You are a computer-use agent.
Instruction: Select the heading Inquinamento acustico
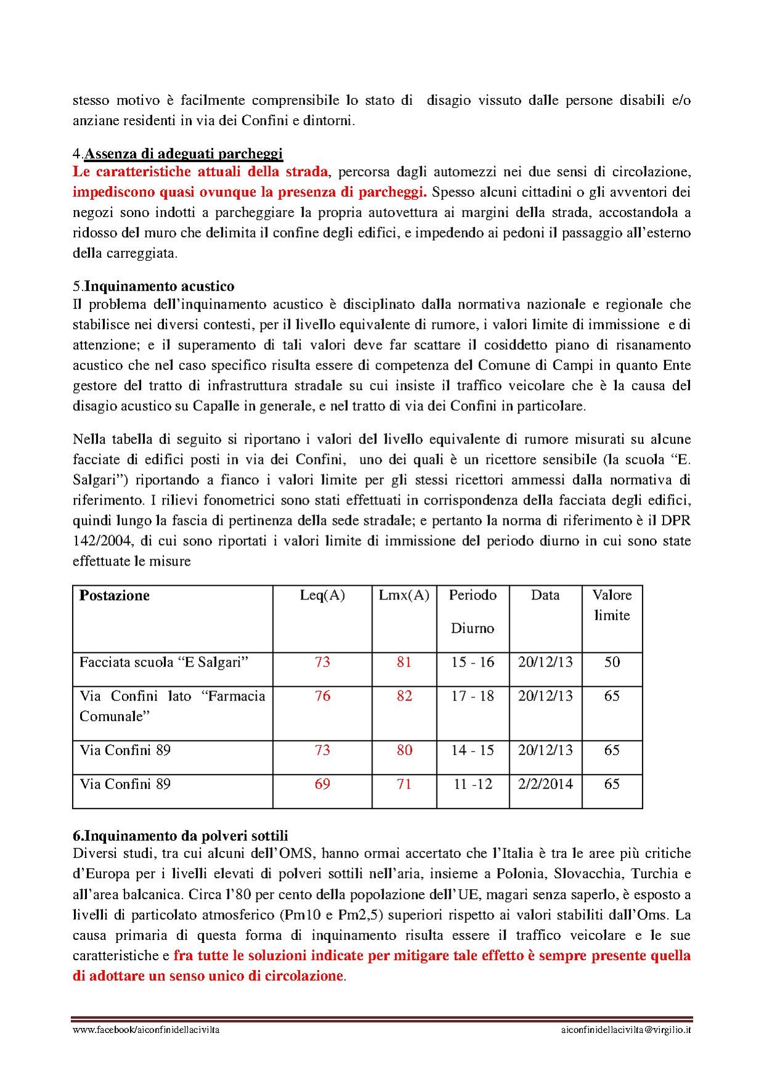click(159, 286)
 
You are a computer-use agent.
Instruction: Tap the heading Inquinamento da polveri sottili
click(186, 836)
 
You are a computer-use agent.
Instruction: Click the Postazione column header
click(115, 596)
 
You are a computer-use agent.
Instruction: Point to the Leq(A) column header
click(322, 595)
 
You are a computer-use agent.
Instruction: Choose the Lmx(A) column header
click(404, 595)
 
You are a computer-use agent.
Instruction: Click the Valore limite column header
click(612, 605)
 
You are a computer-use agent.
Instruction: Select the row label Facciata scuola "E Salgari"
click(164, 662)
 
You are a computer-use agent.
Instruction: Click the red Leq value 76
click(322, 696)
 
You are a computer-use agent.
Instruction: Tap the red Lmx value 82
click(404, 696)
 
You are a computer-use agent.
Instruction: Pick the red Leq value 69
click(322, 784)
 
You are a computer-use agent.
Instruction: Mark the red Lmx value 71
click(404, 784)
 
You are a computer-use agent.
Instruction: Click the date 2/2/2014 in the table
click(545, 784)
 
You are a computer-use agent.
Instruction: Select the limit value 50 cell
click(612, 662)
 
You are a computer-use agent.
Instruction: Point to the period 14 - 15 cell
click(472, 750)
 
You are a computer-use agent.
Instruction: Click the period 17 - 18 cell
click(472, 696)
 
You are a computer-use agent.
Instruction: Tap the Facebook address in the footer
click(146, 1030)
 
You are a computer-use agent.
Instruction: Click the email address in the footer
click(626, 1030)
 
